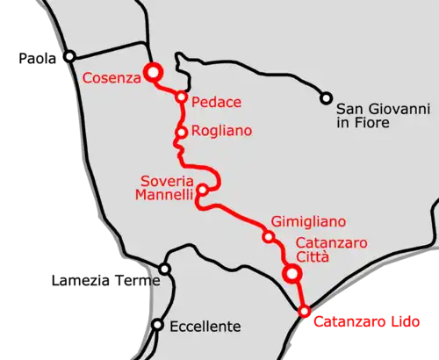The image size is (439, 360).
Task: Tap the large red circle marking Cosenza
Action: click(153, 72)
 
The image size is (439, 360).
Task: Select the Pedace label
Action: click(217, 103)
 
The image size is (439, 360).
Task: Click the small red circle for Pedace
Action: click(182, 97)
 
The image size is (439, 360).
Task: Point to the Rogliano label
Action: click(222, 131)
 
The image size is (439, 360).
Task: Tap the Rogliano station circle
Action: click(182, 133)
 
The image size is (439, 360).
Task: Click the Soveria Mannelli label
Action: click(164, 190)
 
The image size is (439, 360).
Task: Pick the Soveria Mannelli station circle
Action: click(202, 190)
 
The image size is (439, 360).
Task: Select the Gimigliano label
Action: click(308, 222)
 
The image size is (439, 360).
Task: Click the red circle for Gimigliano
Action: click(269, 237)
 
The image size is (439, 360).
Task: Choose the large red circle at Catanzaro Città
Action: click(293, 275)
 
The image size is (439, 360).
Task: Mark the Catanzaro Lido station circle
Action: click(305, 312)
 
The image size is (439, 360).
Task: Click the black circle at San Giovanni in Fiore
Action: click(327, 97)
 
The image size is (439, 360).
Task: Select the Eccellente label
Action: click(206, 327)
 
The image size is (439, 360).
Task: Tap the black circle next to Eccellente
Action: click(157, 325)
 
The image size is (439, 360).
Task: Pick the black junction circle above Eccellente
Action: click(164, 269)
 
